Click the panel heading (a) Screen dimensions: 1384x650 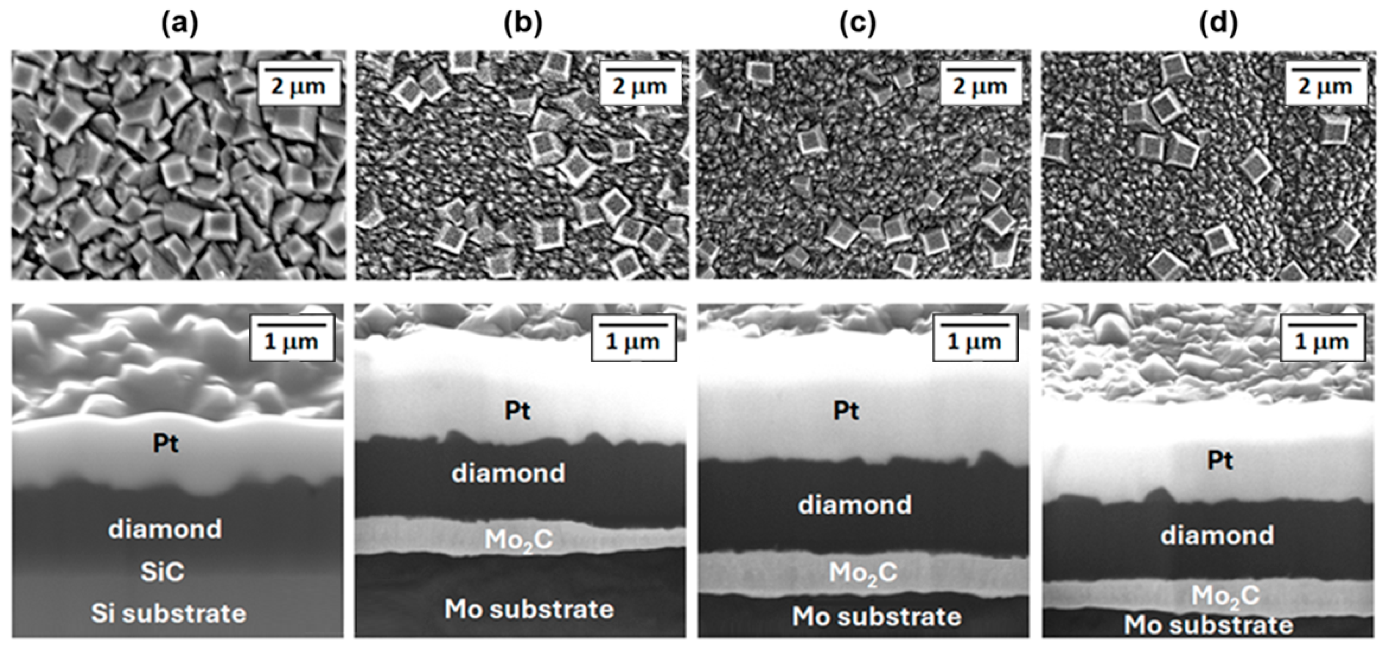coord(179,24)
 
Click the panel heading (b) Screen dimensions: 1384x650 coord(523,24)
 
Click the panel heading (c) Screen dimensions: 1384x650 coord(858,24)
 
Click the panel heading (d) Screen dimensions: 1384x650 coord(1218,24)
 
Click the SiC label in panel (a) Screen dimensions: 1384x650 coord(162,572)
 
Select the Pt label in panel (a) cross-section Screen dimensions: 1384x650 coord(165,444)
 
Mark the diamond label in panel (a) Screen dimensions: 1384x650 coord(165,529)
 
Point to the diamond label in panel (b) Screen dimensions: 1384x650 coord(508,473)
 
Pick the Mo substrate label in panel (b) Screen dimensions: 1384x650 coord(529,609)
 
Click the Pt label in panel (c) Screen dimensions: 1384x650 coord(846,411)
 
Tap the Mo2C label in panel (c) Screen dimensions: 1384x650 coord(863,573)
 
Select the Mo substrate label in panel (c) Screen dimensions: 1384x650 coord(877,617)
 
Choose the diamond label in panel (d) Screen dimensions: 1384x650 coord(1217,536)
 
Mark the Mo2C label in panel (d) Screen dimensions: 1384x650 coord(1225,596)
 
